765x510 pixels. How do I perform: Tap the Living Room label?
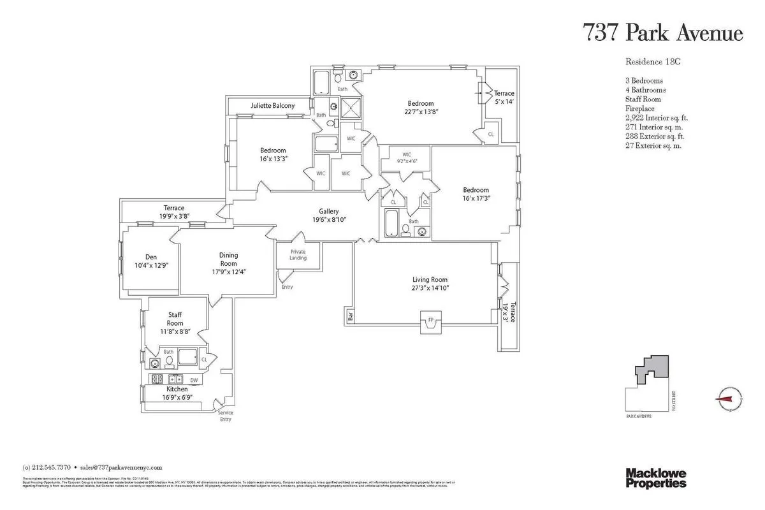430,279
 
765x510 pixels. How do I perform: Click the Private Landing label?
298,254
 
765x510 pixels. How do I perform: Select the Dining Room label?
228,259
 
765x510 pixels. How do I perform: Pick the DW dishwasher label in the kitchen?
194,379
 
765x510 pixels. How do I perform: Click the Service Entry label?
226,416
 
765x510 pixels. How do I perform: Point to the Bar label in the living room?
350,315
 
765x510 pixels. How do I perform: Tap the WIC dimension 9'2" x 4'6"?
405,161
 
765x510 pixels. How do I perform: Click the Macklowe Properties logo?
655,477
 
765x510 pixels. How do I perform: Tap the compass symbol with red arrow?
725,399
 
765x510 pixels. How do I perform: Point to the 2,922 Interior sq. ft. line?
657,118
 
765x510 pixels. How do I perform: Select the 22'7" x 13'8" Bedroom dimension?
421,111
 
